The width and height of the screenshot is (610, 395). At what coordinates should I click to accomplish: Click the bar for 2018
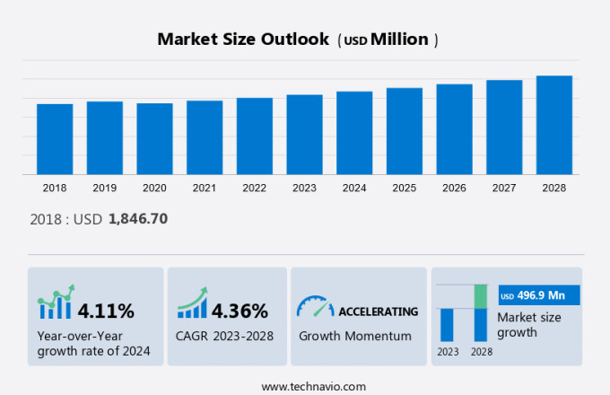pos(55,139)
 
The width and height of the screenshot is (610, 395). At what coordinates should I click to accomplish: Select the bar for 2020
pos(154,139)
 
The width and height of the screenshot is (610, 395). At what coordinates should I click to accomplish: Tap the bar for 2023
pos(304,135)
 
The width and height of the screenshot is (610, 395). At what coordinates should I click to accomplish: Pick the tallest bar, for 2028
pos(554,125)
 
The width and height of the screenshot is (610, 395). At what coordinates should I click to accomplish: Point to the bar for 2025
pos(405,131)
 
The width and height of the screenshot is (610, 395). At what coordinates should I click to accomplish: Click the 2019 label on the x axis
pos(104,188)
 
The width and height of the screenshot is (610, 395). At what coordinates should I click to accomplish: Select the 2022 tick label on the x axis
pos(254,188)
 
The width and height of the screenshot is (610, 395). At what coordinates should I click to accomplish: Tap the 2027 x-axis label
pos(504,188)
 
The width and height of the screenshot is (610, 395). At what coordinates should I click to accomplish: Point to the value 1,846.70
pos(138,218)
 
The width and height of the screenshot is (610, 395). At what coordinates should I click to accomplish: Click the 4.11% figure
pos(106,312)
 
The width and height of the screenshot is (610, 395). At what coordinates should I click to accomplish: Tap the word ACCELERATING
pos(378,312)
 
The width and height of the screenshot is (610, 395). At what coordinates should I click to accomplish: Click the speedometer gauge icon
pos(314,307)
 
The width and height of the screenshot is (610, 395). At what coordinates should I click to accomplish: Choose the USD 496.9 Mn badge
pos(539,295)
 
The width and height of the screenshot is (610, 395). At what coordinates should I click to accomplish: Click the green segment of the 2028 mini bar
pos(480,295)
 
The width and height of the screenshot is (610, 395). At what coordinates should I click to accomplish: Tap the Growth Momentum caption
pos(355,336)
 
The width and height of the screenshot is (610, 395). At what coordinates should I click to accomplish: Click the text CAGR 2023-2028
pos(225,336)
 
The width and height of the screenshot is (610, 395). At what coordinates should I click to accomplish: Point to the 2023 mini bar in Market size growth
pos(447,324)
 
